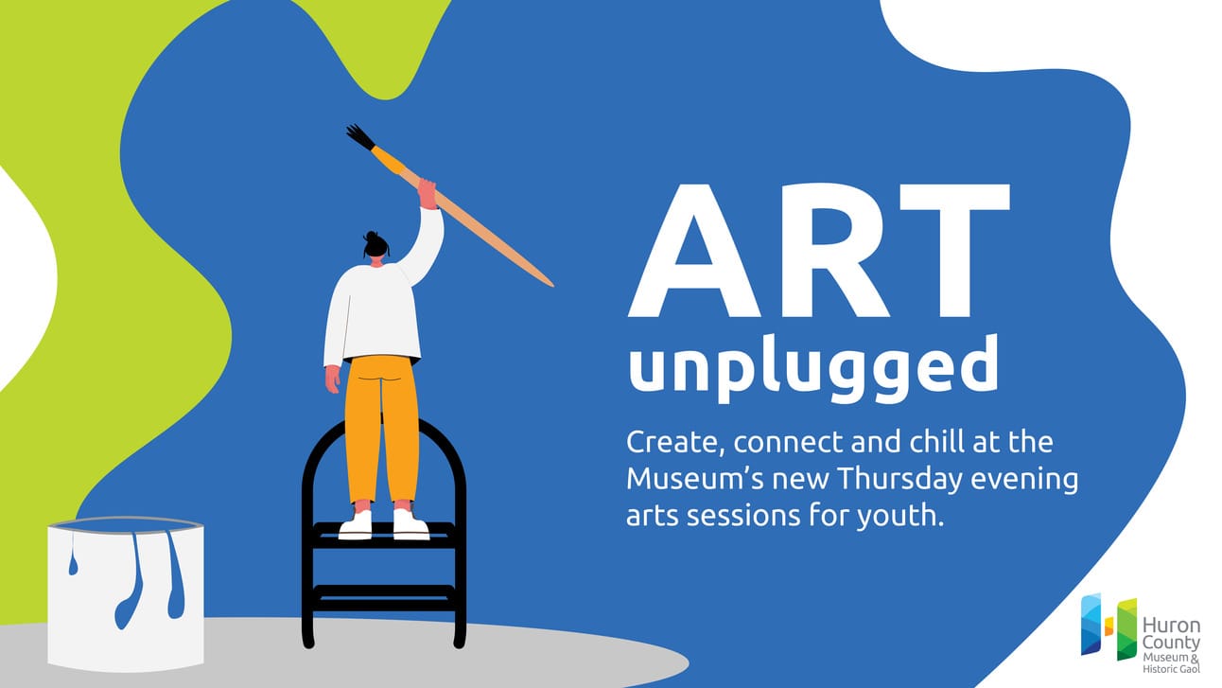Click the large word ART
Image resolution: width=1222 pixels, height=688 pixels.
point(818,251)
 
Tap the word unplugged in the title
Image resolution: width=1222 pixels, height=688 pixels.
point(813,368)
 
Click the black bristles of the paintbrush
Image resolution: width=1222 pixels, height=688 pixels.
point(361,136)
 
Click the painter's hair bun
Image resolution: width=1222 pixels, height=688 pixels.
point(372,237)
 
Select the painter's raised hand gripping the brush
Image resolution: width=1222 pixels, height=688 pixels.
point(428,194)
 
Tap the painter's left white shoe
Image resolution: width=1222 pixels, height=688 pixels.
point(356,524)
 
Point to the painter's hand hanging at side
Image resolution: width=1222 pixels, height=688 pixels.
point(332,379)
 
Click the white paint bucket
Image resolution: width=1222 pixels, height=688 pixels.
point(126,594)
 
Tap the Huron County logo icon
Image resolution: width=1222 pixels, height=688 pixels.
point(1109,626)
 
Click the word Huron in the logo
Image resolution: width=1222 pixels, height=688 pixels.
point(1171,625)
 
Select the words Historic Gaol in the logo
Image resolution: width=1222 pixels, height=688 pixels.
point(1171,669)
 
